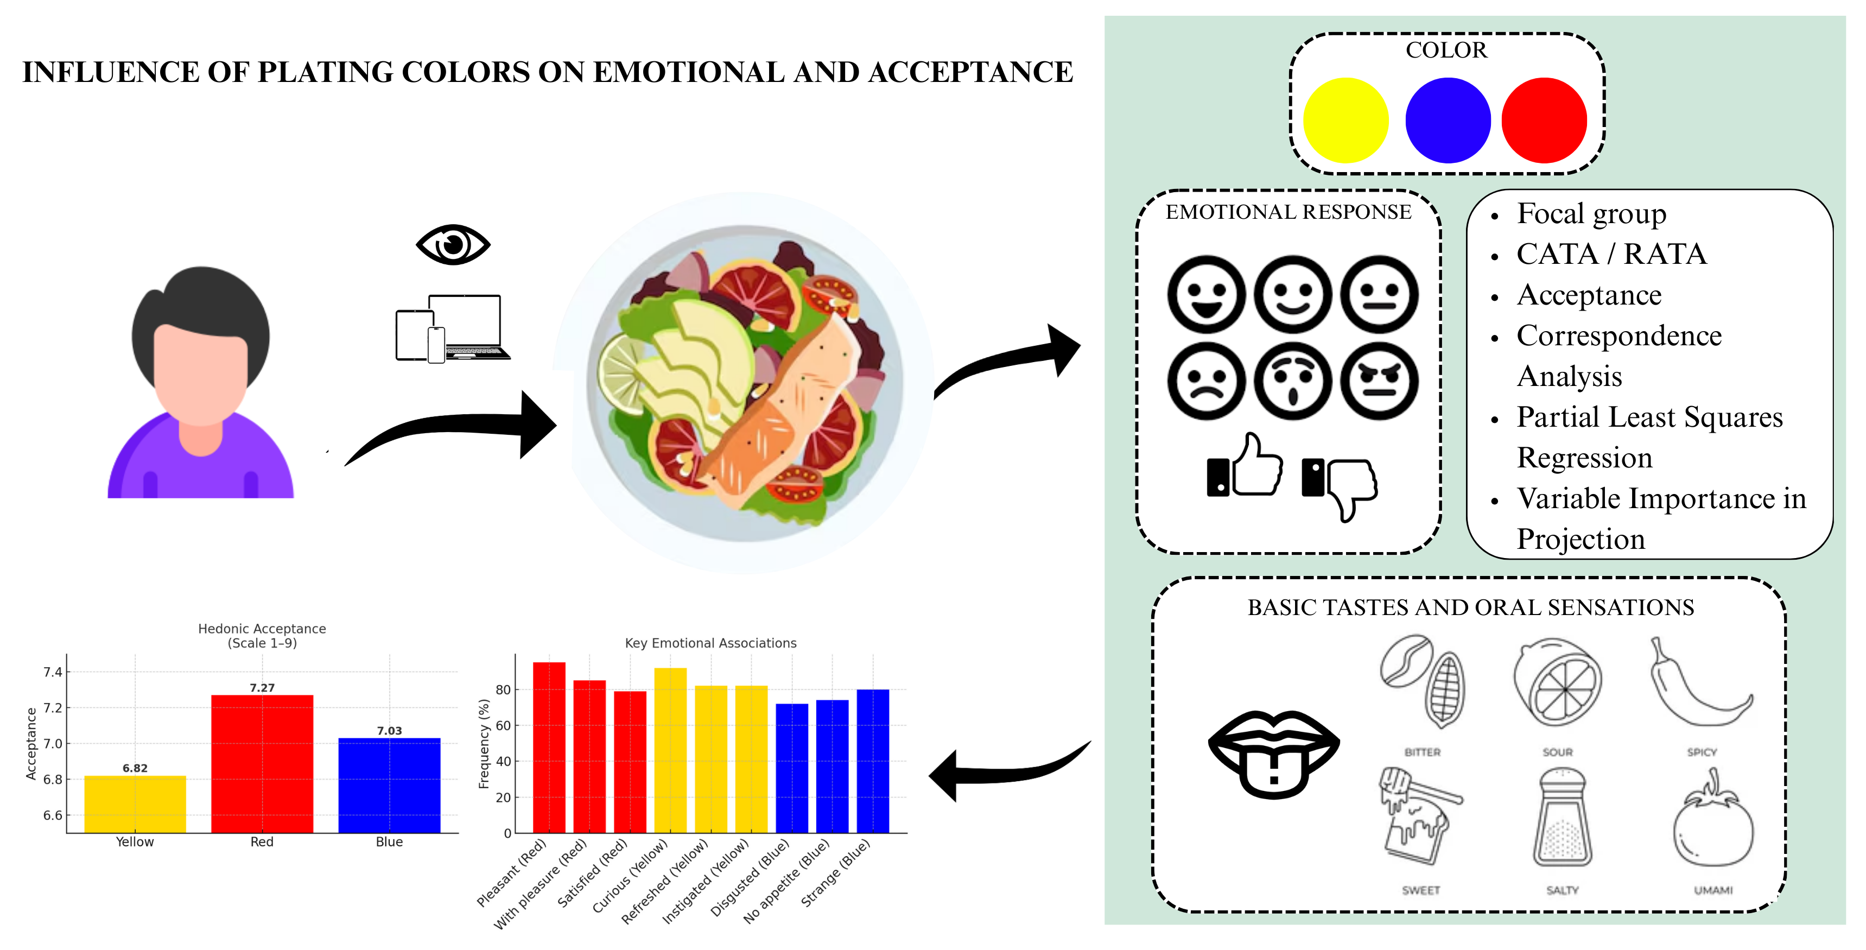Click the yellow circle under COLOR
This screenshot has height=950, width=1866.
pos(1345,121)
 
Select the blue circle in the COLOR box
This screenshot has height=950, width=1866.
pos(1448,121)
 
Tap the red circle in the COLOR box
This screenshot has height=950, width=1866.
pos(1544,121)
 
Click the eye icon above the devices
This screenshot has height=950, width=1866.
pos(453,244)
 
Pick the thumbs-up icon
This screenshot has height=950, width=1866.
pos(1245,467)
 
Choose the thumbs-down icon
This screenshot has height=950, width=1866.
pos(1340,484)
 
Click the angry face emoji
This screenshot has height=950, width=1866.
pos(1379,381)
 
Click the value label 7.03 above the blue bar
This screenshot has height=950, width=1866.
pos(389,731)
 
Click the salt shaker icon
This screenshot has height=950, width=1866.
pos(1562,818)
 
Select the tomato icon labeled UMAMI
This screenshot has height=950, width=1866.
pos(1712,822)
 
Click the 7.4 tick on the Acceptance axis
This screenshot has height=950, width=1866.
pos(53,672)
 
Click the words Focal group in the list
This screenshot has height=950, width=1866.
pos(1591,214)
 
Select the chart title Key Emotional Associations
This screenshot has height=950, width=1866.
pos(710,643)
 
